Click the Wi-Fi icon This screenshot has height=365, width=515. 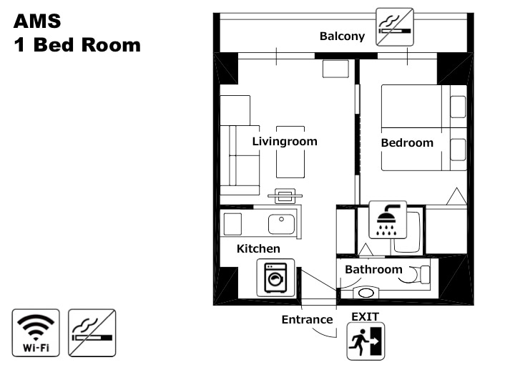point(36,333)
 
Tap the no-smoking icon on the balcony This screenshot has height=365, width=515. point(395,27)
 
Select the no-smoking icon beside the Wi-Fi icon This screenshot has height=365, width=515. point(92,333)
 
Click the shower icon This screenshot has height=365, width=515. point(388,220)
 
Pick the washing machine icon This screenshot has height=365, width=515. point(275,278)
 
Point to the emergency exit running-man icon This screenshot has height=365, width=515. point(366,341)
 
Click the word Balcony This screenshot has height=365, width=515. point(342,36)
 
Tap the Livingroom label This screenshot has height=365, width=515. point(285,142)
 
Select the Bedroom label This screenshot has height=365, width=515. point(407,143)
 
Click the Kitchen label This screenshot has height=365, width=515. point(258,248)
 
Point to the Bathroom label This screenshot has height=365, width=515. point(373,269)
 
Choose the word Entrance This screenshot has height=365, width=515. point(307,319)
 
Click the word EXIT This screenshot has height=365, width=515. point(366,317)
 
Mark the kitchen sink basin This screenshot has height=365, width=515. point(282,224)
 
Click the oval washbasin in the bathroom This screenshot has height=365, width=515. point(366,293)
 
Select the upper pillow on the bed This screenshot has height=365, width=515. point(458,107)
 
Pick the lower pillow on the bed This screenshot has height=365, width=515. point(458,150)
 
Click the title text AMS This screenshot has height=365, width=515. point(37,21)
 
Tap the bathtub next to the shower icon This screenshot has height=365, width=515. point(407,233)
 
